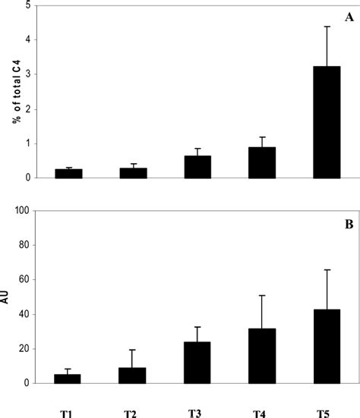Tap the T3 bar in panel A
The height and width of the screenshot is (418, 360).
click(197, 167)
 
